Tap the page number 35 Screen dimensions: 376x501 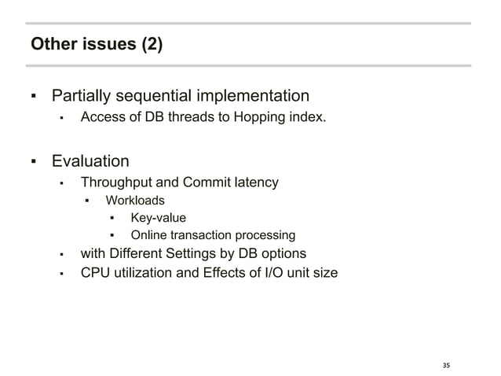coord(447,365)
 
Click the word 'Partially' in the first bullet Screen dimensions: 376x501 coord(81,97)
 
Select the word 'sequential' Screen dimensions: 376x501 coord(152,97)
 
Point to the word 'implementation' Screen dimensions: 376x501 coord(252,97)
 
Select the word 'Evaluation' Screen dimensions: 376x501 coord(90,162)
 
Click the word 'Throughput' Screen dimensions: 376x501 coord(115,183)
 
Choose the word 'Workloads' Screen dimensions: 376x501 coord(135,201)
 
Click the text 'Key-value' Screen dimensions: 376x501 coord(158,218)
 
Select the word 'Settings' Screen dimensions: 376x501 coord(207,253)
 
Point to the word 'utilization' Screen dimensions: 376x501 coord(141,274)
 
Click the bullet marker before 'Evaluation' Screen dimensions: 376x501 coord(33,163)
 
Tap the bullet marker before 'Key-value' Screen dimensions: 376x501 coord(112,219)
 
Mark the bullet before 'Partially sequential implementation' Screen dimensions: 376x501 coord(33,98)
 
